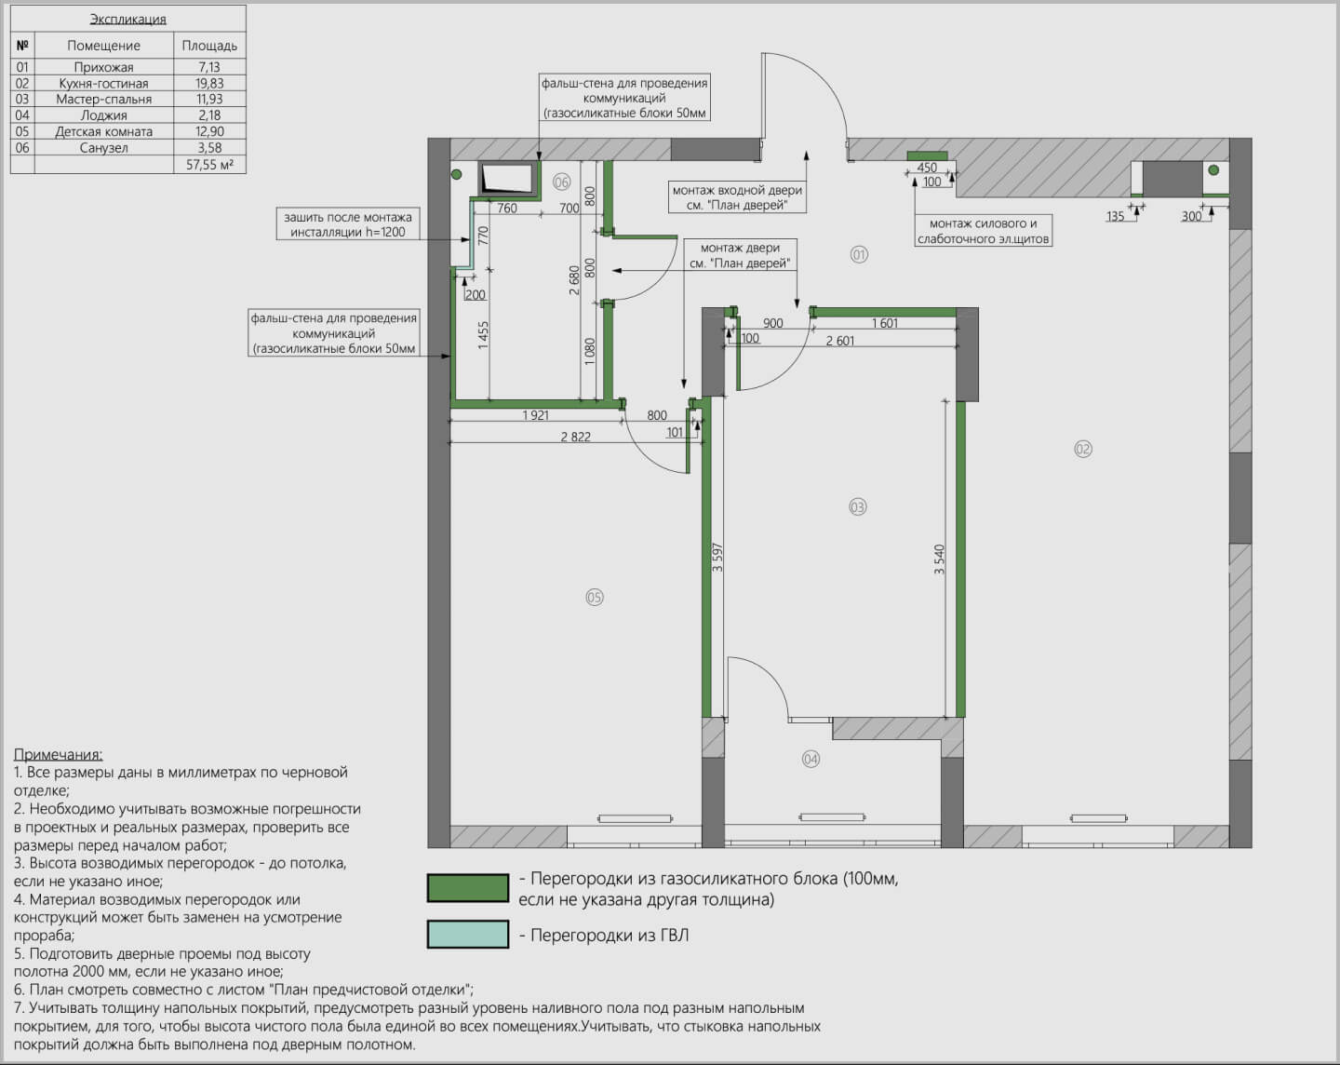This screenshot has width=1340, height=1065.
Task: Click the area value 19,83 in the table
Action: click(x=209, y=84)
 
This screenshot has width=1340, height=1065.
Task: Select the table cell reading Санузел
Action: click(x=104, y=148)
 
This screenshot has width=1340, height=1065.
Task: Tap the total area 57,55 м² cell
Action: click(x=210, y=165)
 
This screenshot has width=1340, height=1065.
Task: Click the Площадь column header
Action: click(x=209, y=46)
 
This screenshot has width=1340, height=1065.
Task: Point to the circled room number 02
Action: click(x=1083, y=449)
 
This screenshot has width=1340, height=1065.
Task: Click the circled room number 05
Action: click(x=595, y=598)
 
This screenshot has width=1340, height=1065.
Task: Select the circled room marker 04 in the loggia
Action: click(x=811, y=759)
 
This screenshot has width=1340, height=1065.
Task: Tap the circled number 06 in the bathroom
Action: click(x=562, y=182)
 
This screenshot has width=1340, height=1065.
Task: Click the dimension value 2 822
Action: click(x=575, y=437)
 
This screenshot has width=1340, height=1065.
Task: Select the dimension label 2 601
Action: click(x=840, y=341)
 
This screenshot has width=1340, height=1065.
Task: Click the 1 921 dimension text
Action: click(x=535, y=415)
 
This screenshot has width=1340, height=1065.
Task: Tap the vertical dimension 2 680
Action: click(x=574, y=280)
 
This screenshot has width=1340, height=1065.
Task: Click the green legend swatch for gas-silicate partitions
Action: click(x=468, y=888)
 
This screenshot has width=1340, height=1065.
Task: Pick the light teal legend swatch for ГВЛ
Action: click(x=468, y=934)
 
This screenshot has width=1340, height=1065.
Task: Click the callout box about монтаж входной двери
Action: click(x=737, y=197)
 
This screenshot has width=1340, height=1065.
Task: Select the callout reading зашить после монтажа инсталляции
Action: click(x=348, y=224)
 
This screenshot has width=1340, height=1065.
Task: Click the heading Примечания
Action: click(x=58, y=754)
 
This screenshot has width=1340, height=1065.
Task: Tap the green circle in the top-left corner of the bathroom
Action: click(x=456, y=174)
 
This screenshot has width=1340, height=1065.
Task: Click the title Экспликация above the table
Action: click(x=127, y=19)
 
